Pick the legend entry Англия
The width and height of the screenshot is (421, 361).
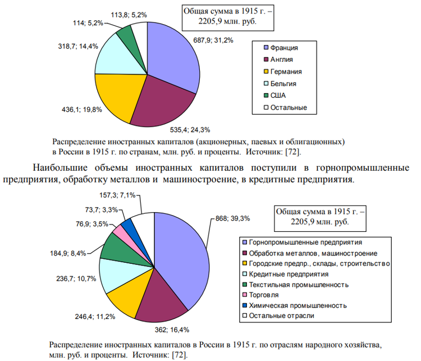[x=282, y=59]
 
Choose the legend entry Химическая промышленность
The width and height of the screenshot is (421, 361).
[x=297, y=305]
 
